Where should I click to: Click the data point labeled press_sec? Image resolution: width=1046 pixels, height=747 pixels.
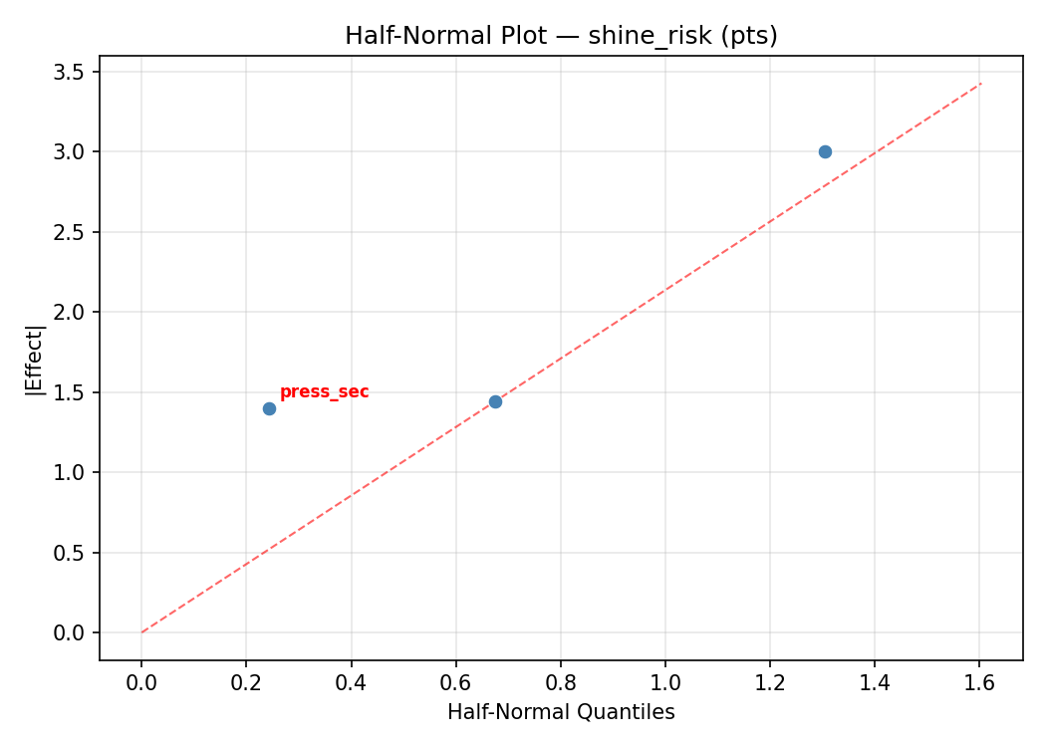coord(269,408)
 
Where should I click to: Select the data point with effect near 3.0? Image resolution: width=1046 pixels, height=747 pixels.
coord(825,151)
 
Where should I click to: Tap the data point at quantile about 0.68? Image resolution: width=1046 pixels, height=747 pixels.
coord(495,401)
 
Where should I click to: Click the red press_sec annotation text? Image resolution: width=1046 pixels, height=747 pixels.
coord(324,392)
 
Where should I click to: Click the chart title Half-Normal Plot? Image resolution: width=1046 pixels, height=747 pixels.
coord(561,36)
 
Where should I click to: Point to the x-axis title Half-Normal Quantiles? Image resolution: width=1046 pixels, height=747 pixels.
coord(561,712)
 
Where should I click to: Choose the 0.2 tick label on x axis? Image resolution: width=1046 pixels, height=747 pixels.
coord(246,682)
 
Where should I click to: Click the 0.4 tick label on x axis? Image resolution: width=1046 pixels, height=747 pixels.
coord(351,682)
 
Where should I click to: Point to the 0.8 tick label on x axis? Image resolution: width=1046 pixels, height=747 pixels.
coord(560,682)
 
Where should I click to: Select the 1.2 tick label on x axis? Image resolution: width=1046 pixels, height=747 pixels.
coord(769,682)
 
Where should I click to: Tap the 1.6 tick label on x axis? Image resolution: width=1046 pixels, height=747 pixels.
coord(979,682)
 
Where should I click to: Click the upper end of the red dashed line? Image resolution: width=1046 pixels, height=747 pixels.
coord(981,84)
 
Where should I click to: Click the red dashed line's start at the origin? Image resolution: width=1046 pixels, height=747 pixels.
coord(141,632)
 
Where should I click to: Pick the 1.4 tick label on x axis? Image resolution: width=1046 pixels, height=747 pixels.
coord(875,682)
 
